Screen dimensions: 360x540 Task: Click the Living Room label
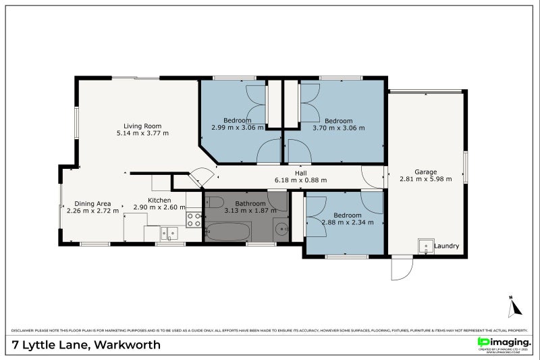point(142,126)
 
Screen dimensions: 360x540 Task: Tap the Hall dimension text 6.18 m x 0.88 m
point(300,180)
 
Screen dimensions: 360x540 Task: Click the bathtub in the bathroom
point(227,232)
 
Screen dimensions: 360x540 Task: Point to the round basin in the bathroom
point(281,229)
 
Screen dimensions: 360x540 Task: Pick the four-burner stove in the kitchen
point(194,219)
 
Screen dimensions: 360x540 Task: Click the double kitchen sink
point(169,234)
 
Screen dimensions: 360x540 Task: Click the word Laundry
point(447,247)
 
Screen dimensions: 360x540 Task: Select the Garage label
point(425,172)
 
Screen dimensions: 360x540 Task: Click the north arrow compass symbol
point(515,307)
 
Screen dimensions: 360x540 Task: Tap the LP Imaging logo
point(502,342)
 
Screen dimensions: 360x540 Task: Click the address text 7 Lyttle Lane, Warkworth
point(86,345)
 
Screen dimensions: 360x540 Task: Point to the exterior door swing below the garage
point(402,269)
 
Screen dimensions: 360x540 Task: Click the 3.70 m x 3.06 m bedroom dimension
point(338,128)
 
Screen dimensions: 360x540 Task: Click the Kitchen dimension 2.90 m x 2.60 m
point(159,207)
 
